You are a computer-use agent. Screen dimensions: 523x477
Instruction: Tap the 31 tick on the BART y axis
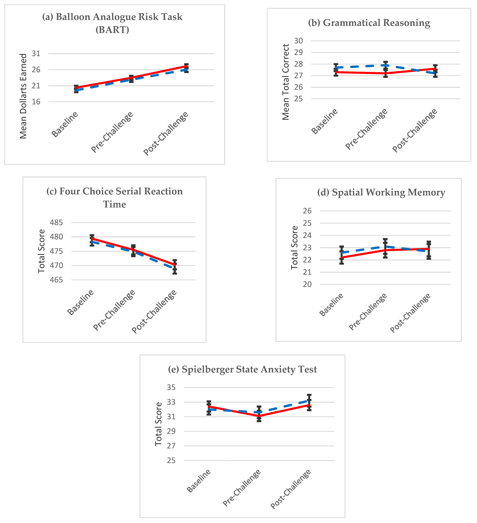(36, 54)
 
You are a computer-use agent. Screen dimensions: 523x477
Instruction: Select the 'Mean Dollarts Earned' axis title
(23, 96)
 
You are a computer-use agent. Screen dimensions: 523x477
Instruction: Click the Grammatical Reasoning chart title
(369, 23)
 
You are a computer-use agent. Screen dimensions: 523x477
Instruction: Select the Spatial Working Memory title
(381, 193)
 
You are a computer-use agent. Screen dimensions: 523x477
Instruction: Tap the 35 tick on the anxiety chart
(171, 387)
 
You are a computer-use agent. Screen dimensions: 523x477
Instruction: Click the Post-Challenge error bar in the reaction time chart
(175, 267)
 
